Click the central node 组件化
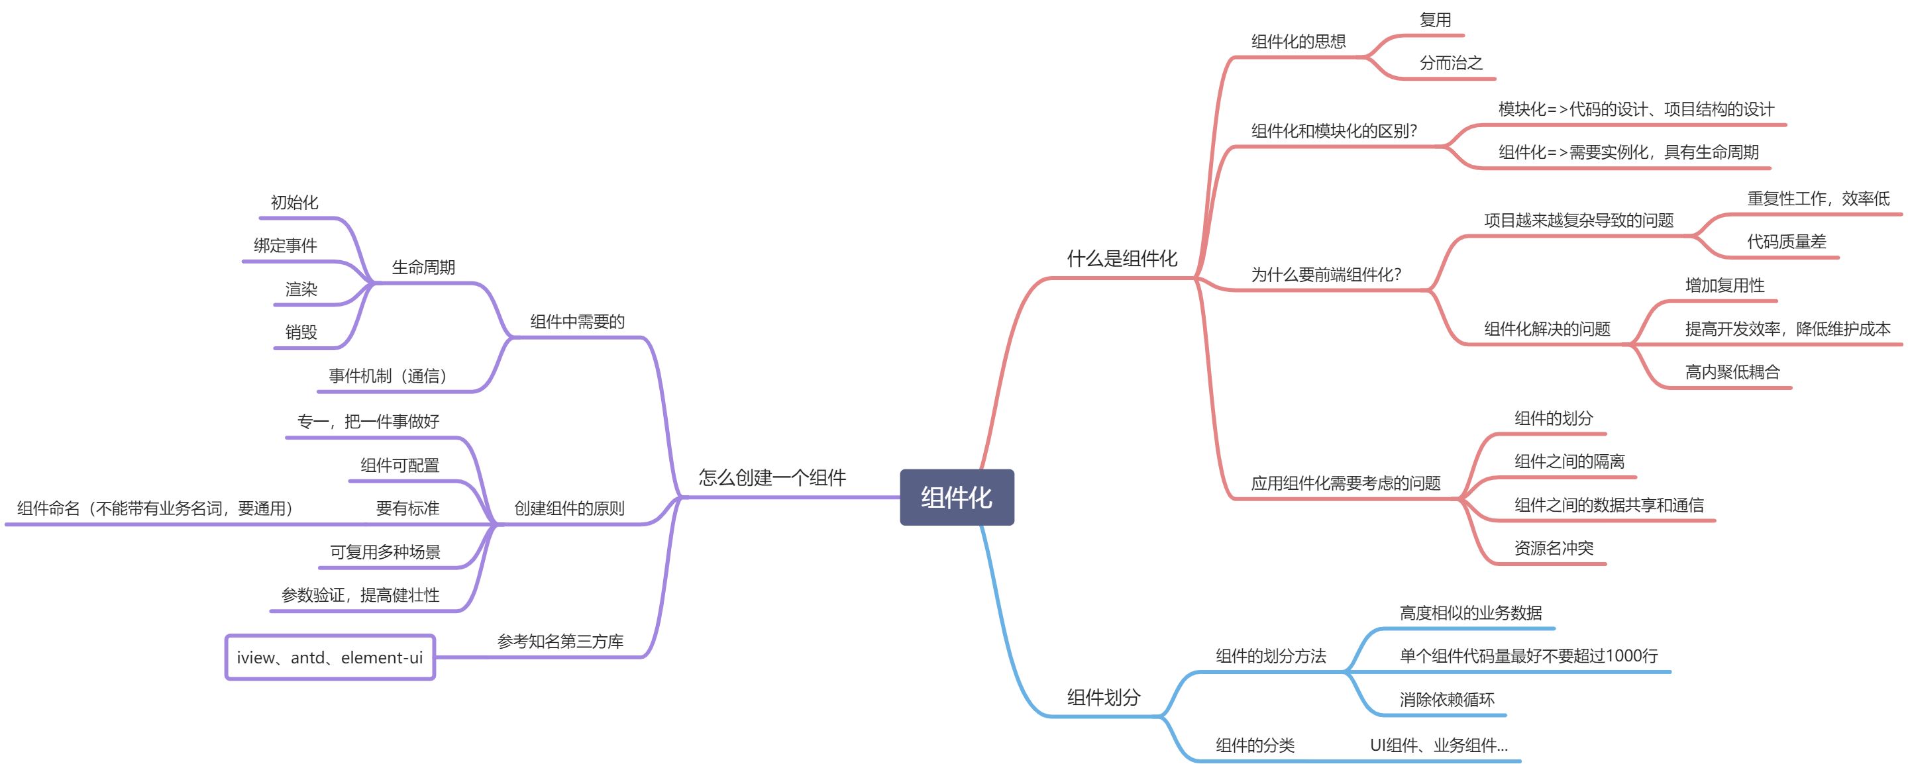click(x=956, y=497)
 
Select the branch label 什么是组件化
click(x=1122, y=258)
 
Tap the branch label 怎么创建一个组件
click(x=772, y=477)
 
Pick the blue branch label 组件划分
click(x=1103, y=696)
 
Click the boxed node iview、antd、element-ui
click(x=330, y=657)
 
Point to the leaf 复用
click(x=1435, y=20)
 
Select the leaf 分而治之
click(x=1450, y=63)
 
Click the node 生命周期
click(x=423, y=267)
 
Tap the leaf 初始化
click(x=294, y=202)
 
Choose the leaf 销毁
click(x=301, y=332)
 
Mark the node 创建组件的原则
click(x=569, y=508)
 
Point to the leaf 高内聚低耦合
click(x=1732, y=371)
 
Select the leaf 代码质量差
click(x=1786, y=242)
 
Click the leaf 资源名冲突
click(x=1553, y=548)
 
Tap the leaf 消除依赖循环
click(x=1446, y=700)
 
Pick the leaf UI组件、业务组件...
click(x=1438, y=745)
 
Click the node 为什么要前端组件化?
click(x=1326, y=275)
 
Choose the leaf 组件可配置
click(x=400, y=465)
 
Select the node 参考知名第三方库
click(x=560, y=641)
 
